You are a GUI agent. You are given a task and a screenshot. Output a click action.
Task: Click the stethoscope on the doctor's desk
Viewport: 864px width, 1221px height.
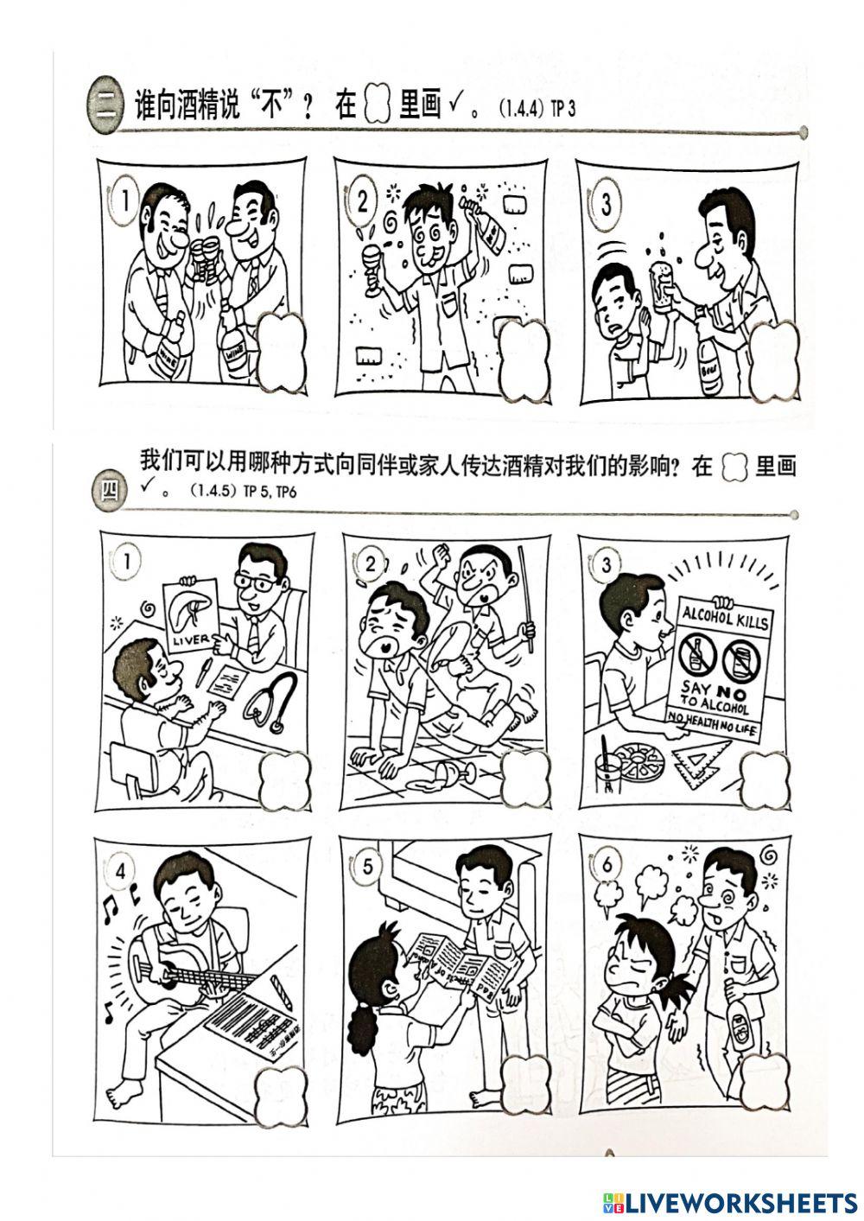(268, 706)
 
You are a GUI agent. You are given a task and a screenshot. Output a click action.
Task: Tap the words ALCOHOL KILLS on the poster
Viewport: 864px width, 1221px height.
(724, 617)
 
